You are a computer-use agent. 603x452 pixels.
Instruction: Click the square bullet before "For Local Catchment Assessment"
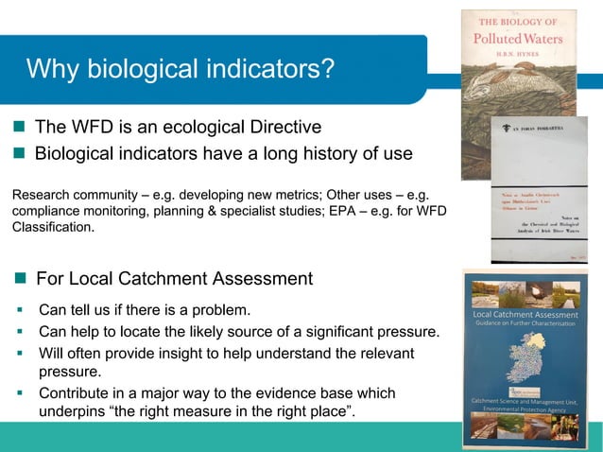[x=20, y=278]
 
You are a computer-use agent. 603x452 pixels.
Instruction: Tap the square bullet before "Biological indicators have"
[x=20, y=153]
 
